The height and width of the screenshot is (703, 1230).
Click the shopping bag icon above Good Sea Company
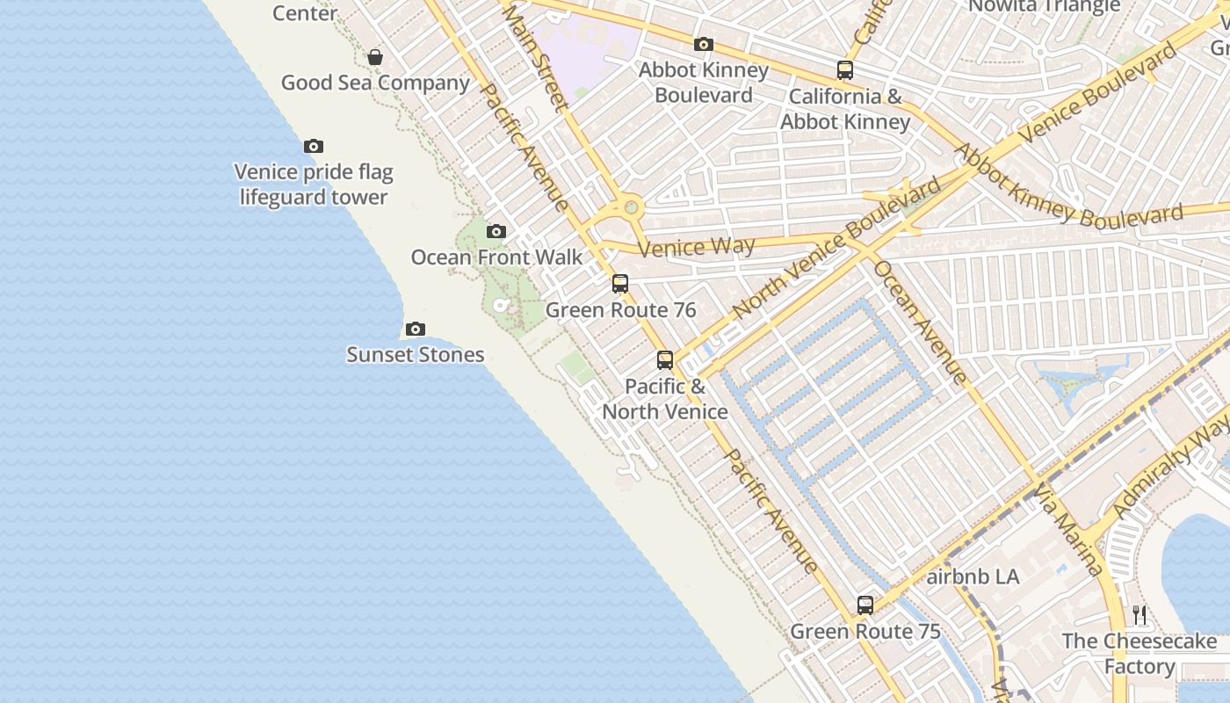pyautogui.click(x=375, y=57)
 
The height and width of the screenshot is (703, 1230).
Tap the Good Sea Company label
pyautogui.click(x=375, y=83)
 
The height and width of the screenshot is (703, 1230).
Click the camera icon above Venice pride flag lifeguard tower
pyautogui.click(x=314, y=146)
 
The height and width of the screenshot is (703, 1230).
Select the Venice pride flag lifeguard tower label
pyautogui.click(x=314, y=185)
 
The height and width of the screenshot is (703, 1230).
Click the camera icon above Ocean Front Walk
pyautogui.click(x=496, y=231)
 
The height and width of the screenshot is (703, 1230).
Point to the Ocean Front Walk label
pyautogui.click(x=496, y=257)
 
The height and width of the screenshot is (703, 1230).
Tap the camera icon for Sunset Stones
pyautogui.click(x=416, y=329)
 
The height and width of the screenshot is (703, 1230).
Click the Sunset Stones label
pyautogui.click(x=416, y=354)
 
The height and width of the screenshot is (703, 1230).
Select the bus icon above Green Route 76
pyautogui.click(x=620, y=283)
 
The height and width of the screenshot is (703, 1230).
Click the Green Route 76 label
pyautogui.click(x=620, y=309)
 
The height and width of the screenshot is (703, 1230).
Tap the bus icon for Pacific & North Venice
pyautogui.click(x=665, y=359)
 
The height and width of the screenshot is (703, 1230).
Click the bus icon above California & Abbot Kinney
pyautogui.click(x=845, y=69)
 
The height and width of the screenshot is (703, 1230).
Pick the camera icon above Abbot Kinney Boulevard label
pyautogui.click(x=703, y=44)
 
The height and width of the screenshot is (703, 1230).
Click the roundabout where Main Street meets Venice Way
pyautogui.click(x=631, y=208)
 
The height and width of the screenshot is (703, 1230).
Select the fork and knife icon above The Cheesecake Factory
pyautogui.click(x=1140, y=614)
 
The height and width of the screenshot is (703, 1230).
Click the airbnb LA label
pyautogui.click(x=973, y=577)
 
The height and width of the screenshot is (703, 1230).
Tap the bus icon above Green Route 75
pyautogui.click(x=865, y=605)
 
